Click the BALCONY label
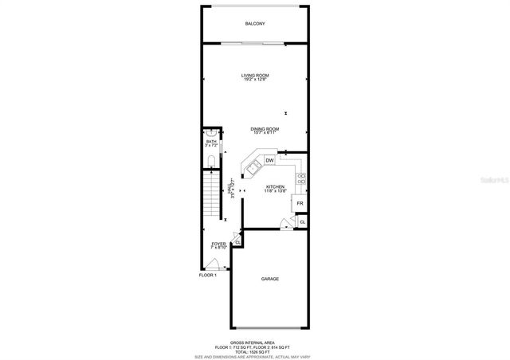255,24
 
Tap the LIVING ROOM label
255,77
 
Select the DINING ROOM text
265,130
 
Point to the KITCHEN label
276,188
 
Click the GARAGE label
270,279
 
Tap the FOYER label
218,245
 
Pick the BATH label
211,143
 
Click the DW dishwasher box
269,160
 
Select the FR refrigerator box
300,204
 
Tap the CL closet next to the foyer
237,241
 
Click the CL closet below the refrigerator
302,221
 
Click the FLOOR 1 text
208,275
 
